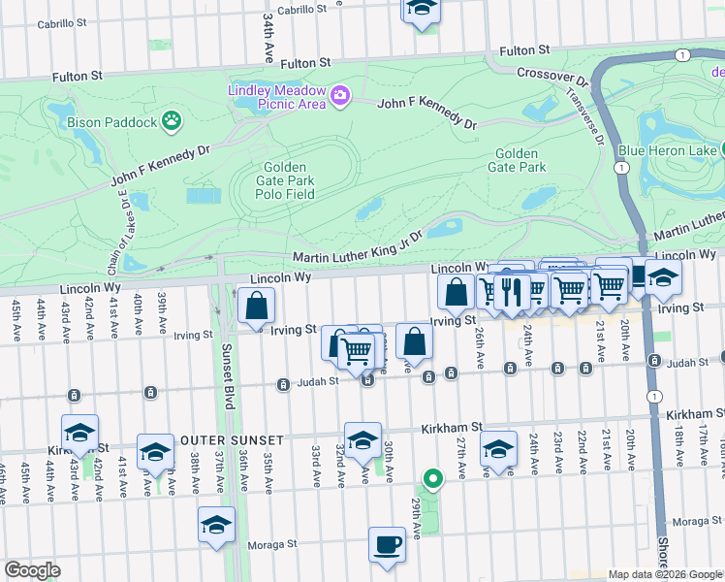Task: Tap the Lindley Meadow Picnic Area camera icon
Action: click(340, 95)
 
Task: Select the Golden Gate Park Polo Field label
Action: click(286, 180)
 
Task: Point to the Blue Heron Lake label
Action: click(668, 150)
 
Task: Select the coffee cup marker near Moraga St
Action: click(388, 544)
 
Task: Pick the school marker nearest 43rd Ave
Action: click(80, 433)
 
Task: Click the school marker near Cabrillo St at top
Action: click(422, 10)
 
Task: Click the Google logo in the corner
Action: click(32, 570)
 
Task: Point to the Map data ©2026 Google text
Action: click(665, 574)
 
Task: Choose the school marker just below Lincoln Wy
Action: click(663, 278)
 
